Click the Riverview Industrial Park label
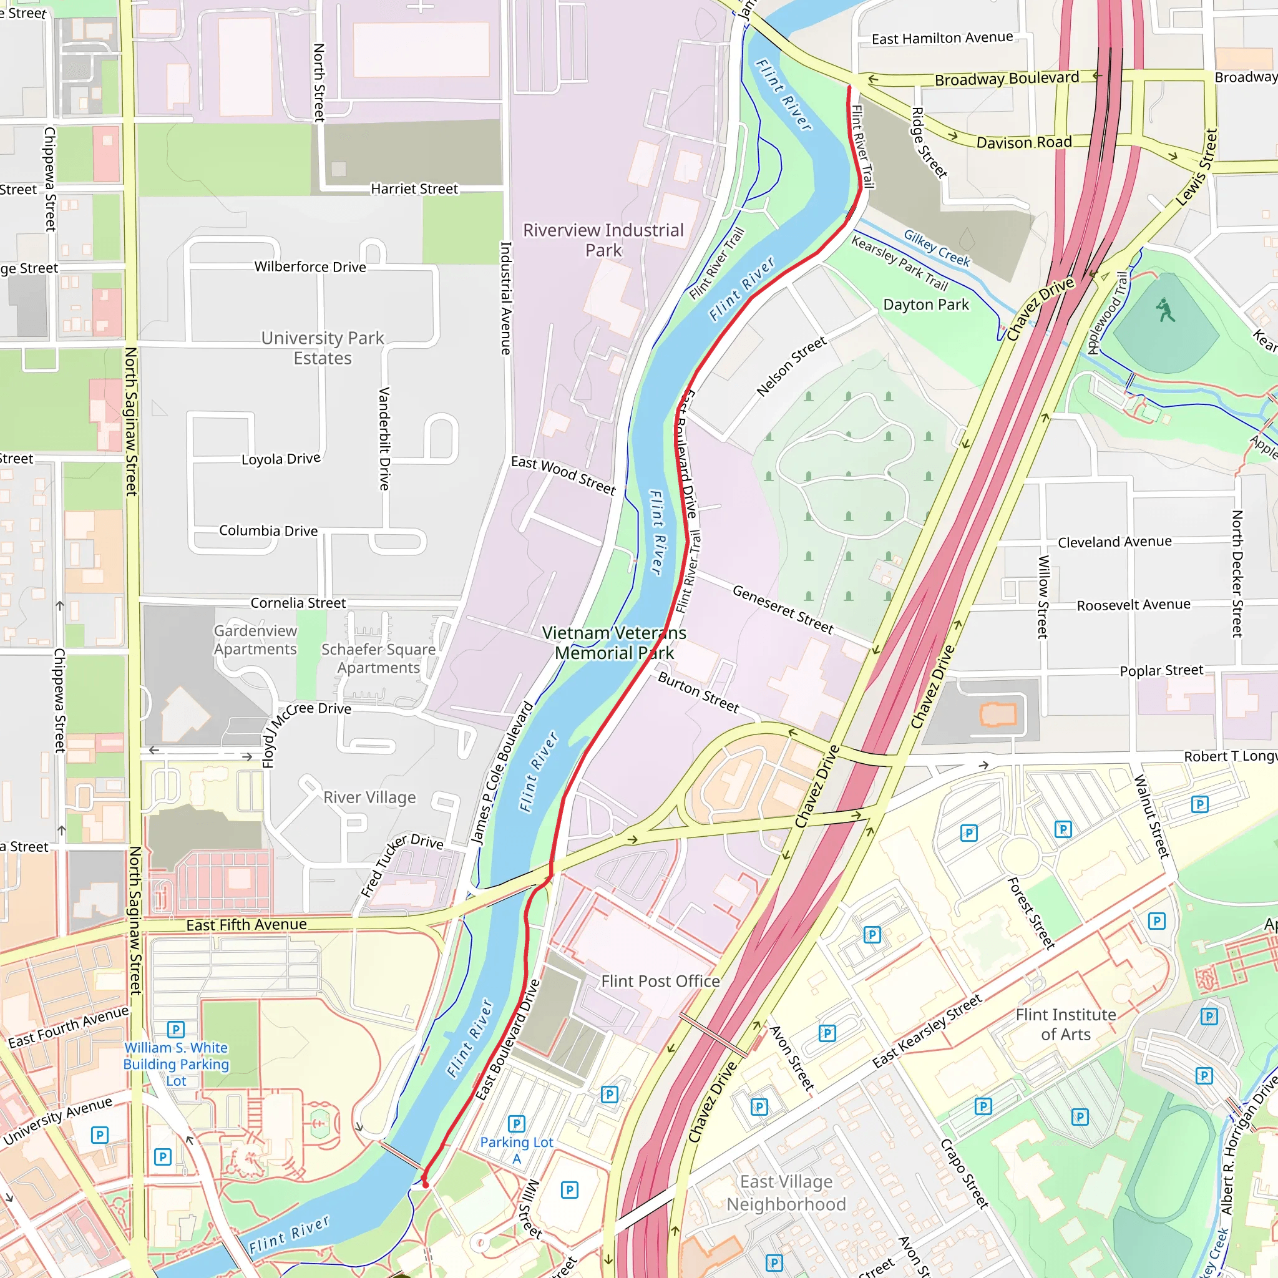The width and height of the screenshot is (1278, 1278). point(603,240)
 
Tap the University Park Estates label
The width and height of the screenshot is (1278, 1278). point(322,348)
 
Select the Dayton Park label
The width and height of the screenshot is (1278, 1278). point(925,305)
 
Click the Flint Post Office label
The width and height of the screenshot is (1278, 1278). point(660,981)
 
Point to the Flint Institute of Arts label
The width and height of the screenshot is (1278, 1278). point(1065,1024)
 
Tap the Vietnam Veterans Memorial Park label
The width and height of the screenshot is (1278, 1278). point(614,642)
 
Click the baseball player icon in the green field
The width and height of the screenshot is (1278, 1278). point(1165,310)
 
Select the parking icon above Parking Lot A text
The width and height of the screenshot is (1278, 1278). point(516,1124)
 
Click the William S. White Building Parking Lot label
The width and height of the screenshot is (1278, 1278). point(176,1064)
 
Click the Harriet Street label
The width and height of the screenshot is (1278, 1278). point(414,189)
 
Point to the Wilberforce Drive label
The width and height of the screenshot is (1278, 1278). point(310,266)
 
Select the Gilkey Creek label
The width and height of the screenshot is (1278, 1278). point(937,248)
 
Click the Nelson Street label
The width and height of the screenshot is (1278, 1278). point(791,366)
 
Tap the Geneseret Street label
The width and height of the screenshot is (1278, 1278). point(783,609)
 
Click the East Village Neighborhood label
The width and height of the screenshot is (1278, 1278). point(786,1193)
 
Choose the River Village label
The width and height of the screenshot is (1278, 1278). point(369,797)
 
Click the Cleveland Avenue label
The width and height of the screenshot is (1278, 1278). point(1114,542)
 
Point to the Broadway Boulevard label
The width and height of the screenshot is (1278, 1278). point(1006,79)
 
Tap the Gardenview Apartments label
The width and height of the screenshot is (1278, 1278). point(255,640)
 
